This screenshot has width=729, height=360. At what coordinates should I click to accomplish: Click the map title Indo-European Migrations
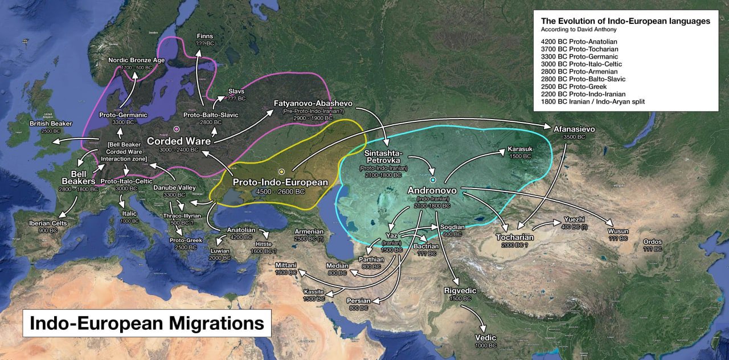coord(146,323)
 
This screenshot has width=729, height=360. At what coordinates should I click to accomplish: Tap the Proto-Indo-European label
coord(281,183)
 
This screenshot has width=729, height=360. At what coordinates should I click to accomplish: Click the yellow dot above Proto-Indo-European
coord(281,171)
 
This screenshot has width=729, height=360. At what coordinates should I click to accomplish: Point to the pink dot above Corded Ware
coord(177,129)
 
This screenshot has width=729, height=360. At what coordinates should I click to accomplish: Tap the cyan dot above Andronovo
coord(433,181)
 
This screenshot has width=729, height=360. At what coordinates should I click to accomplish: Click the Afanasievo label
coord(574,129)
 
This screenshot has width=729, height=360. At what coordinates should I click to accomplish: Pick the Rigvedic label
coord(460,291)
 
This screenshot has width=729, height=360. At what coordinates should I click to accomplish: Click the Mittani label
coord(285,265)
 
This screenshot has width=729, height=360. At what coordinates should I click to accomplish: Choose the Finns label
coord(204,35)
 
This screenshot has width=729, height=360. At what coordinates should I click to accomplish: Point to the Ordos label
coord(652,242)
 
